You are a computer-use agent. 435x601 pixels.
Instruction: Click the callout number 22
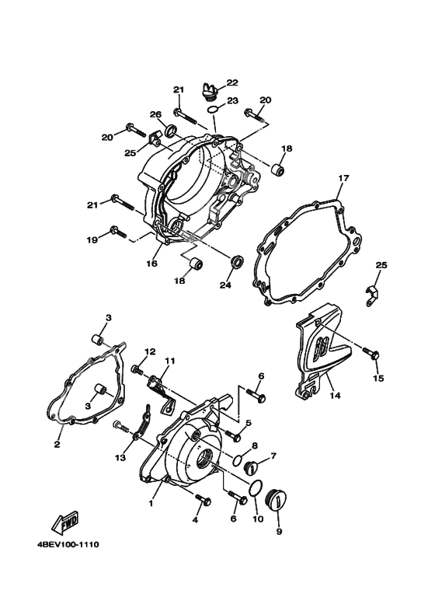pyautogui.click(x=232, y=82)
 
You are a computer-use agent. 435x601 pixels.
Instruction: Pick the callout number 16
pyautogui.click(x=151, y=264)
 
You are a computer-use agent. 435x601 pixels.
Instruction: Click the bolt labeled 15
pyautogui.click(x=374, y=355)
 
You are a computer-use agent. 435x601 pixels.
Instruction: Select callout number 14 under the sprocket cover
pyautogui.click(x=335, y=395)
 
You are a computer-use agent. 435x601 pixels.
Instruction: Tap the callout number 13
pyautogui.click(x=120, y=458)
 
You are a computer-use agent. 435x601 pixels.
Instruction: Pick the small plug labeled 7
pyautogui.click(x=252, y=468)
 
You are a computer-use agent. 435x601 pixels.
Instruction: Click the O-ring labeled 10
pyautogui.click(x=253, y=488)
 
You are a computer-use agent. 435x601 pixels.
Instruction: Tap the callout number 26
pyautogui.click(x=155, y=115)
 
